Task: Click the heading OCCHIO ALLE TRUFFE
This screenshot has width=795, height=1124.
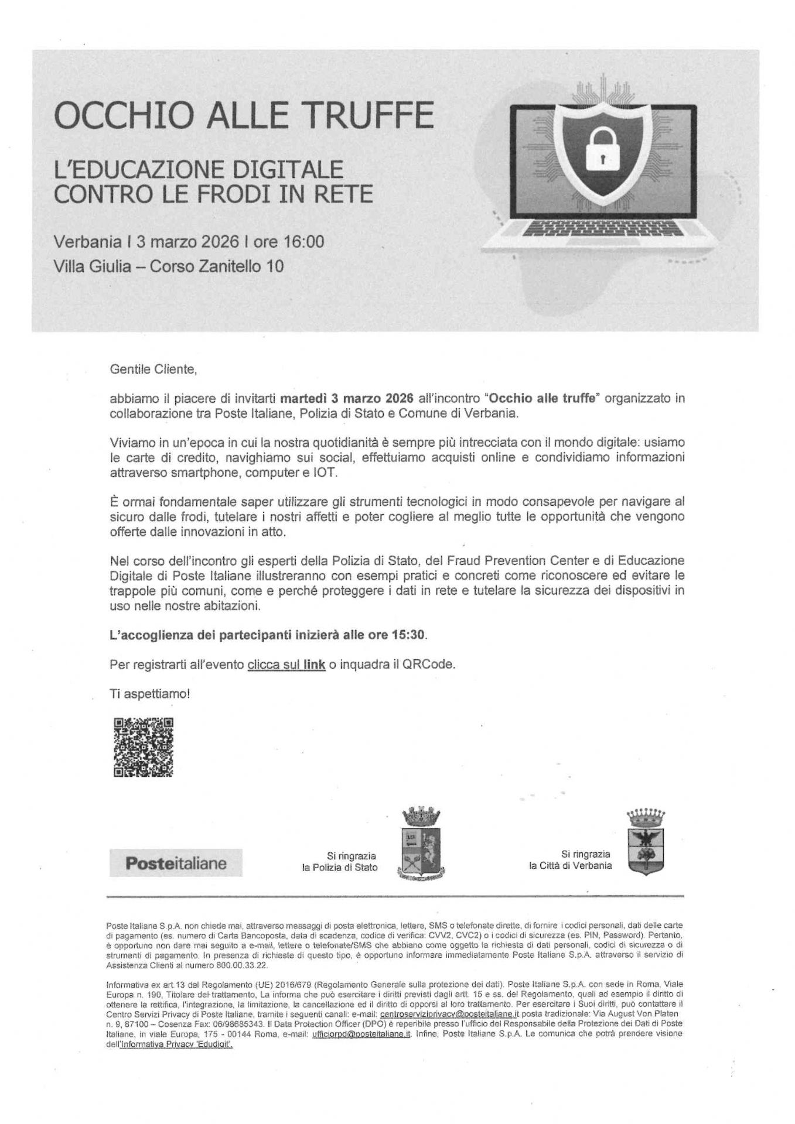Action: click(x=244, y=115)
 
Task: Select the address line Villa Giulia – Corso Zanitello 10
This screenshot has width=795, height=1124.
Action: click(x=169, y=266)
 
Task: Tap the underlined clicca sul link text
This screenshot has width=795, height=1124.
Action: click(x=286, y=665)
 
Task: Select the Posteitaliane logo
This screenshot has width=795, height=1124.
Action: click(x=176, y=863)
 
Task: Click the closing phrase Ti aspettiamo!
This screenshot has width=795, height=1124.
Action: click(x=150, y=694)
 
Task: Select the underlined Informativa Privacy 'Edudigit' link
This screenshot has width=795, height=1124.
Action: click(x=176, y=1044)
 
